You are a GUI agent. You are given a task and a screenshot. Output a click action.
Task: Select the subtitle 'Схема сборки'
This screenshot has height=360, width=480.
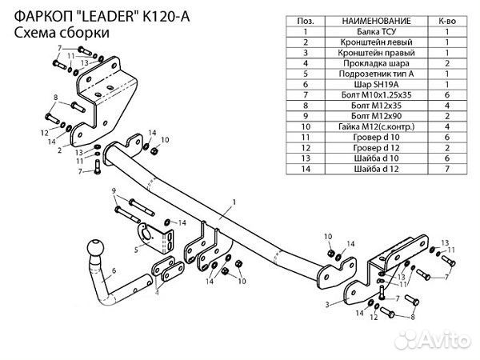61,32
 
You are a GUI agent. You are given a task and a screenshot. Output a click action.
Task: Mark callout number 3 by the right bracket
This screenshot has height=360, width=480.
328,305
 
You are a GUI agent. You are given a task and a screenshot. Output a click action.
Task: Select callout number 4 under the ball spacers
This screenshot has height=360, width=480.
157,292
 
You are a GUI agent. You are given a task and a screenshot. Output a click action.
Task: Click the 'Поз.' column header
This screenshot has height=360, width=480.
304,18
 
